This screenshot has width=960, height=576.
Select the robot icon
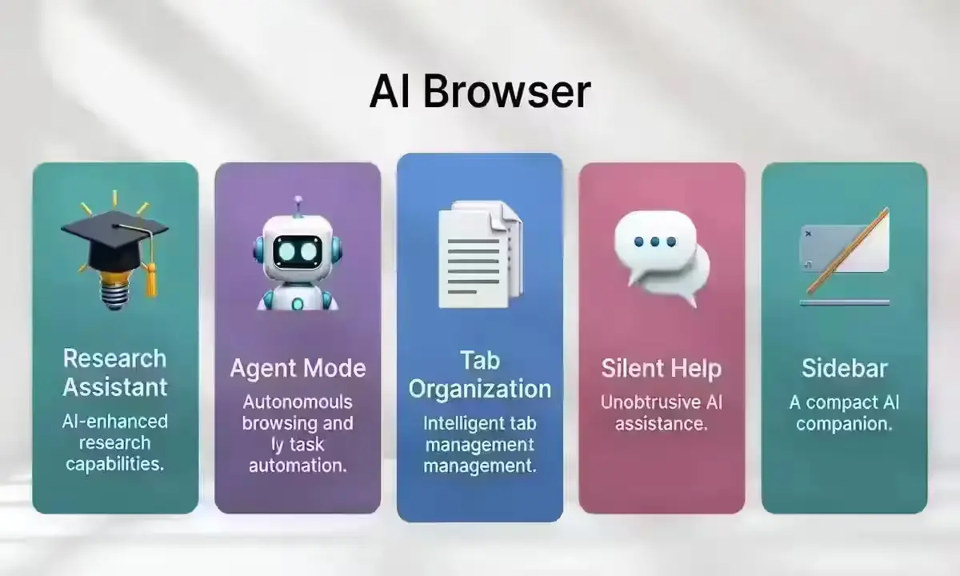pyautogui.click(x=298, y=256)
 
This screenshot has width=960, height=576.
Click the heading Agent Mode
pyautogui.click(x=298, y=368)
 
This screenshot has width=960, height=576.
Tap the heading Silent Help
pyautogui.click(x=661, y=369)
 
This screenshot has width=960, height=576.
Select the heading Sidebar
pyautogui.click(x=844, y=369)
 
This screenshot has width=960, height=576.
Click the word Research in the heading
pyautogui.click(x=114, y=358)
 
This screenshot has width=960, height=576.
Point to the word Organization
pyautogui.click(x=480, y=390)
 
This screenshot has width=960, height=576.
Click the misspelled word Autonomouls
pyautogui.click(x=298, y=402)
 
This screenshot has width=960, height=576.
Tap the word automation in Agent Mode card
pyautogui.click(x=298, y=466)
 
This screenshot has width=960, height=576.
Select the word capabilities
pyautogui.click(x=114, y=464)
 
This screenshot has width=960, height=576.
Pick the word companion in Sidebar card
pyautogui.click(x=844, y=424)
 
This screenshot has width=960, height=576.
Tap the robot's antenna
pyautogui.click(x=298, y=204)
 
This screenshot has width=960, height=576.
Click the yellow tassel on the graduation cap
pyautogui.click(x=149, y=272)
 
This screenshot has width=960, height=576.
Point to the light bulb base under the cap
pyautogui.click(x=114, y=296)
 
